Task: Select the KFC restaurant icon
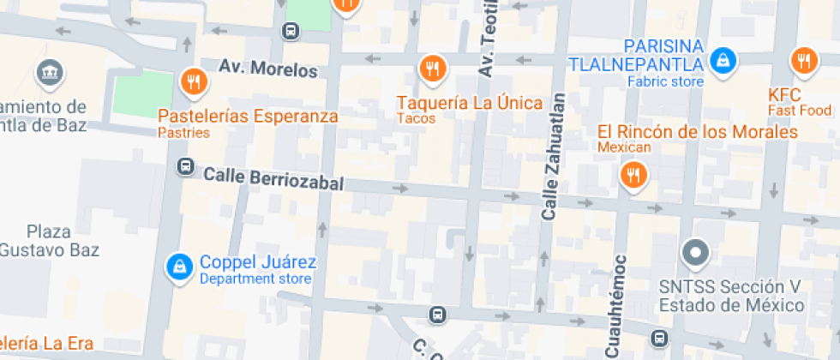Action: click(x=803, y=60)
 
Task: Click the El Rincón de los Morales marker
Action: click(x=633, y=176)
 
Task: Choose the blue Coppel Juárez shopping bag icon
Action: click(x=178, y=267)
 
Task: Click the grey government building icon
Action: click(x=49, y=74)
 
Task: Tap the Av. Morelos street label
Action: click(x=267, y=69)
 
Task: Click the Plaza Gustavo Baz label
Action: click(x=50, y=241)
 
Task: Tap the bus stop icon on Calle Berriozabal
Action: click(x=184, y=166)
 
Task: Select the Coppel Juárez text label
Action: click(x=257, y=262)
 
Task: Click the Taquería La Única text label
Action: click(x=469, y=103)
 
